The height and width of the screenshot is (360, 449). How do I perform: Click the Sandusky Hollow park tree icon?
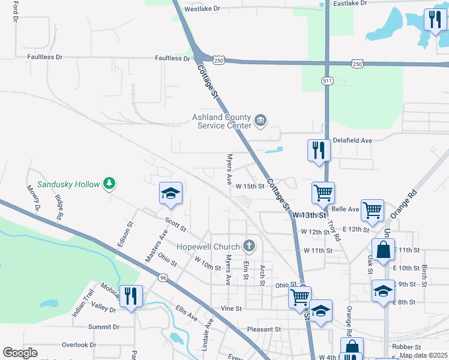[x=109, y=182]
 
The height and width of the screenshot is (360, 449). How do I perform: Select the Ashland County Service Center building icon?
[x=260, y=121]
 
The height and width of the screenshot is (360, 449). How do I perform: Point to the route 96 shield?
[x=163, y=278]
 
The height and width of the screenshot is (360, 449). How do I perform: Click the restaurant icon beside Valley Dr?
[x=130, y=296]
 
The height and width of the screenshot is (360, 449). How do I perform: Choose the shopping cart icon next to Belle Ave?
[x=372, y=210]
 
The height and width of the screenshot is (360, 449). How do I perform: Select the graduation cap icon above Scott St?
[x=170, y=193]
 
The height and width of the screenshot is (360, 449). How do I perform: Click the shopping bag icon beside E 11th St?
[x=383, y=248]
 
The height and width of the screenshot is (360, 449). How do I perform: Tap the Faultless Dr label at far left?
[x=44, y=57]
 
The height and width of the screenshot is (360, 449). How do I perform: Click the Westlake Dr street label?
[x=202, y=9]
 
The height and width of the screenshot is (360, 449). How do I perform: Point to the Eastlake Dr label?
[x=349, y=3]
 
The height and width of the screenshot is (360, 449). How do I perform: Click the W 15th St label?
[x=250, y=187]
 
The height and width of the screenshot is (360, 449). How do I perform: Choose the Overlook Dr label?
[x=79, y=345]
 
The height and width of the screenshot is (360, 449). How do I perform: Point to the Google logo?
[x=20, y=353]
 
